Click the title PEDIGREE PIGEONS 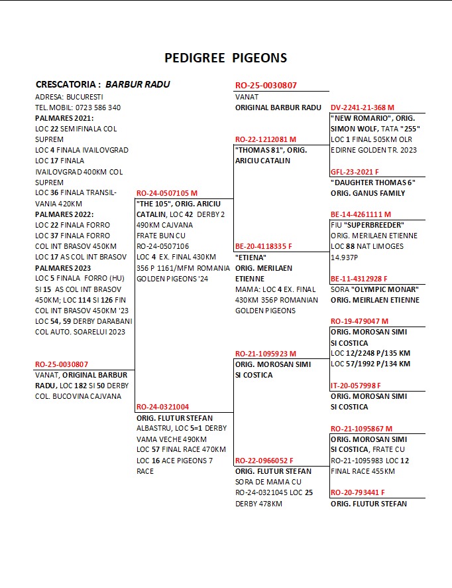225,58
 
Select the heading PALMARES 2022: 64,214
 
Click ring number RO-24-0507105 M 166,193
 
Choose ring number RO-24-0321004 163,407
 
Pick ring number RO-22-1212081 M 265,139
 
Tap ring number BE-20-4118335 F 264,246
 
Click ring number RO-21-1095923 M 265,354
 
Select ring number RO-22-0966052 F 264,460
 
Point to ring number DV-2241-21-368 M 362,108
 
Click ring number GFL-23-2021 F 355,172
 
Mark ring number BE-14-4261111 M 361,214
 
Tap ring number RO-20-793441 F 357,492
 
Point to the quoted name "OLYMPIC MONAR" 384,289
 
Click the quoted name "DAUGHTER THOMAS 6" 372,183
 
